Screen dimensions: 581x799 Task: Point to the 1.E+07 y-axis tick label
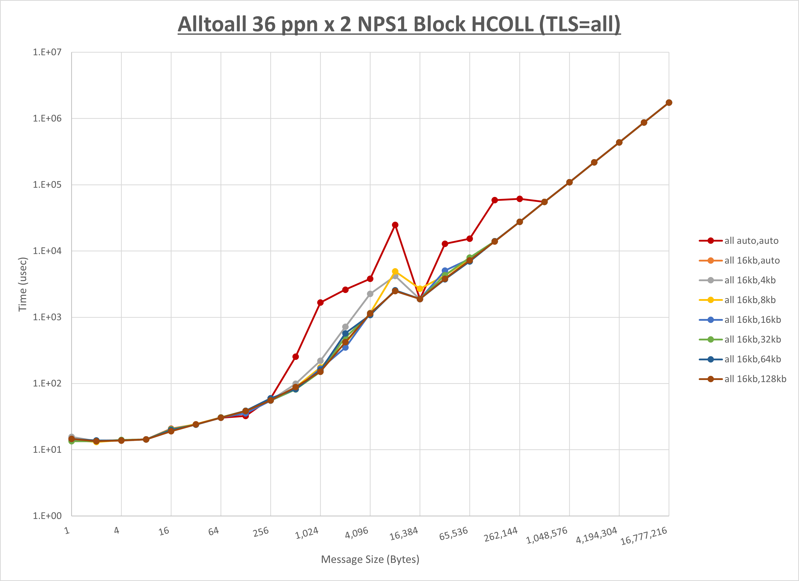point(47,52)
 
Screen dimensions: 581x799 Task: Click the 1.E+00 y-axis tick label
point(47,516)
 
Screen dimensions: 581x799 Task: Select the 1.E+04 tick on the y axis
point(47,251)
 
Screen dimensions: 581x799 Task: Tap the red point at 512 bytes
point(296,357)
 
